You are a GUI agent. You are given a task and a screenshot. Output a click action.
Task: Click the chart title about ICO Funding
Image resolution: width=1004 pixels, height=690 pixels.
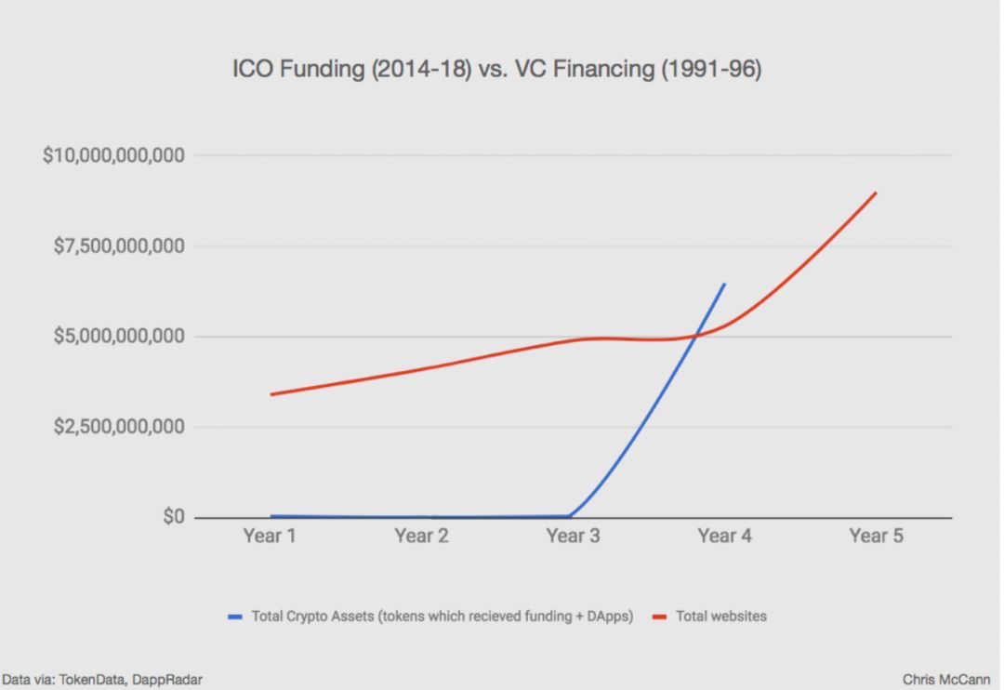tap(496, 70)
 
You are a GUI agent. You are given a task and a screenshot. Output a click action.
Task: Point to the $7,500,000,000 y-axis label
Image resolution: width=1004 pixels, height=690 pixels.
tap(119, 246)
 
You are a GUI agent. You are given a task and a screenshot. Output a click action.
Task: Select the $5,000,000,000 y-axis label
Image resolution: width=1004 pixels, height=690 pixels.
tap(119, 336)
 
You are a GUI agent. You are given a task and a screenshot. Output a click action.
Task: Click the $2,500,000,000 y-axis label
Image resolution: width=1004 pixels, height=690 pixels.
tap(119, 427)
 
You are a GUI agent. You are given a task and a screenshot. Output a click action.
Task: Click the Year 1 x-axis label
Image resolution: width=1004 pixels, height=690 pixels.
tap(271, 537)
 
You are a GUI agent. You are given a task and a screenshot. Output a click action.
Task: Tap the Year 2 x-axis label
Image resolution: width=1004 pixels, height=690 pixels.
tap(421, 537)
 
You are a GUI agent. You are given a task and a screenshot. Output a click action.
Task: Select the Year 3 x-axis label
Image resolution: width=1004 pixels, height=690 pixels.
tap(573, 537)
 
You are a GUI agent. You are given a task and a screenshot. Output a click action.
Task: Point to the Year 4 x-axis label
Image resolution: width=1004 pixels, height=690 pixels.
tap(725, 537)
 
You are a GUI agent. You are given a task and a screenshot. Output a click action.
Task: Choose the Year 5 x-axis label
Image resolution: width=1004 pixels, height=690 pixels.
tap(876, 537)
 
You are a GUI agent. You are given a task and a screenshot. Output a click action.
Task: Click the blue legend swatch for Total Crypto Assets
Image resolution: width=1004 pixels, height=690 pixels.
tap(235, 617)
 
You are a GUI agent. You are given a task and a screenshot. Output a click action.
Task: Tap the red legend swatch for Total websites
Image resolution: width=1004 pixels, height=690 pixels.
tap(659, 617)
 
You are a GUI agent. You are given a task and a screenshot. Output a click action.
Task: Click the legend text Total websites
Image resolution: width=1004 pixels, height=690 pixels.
tap(720, 617)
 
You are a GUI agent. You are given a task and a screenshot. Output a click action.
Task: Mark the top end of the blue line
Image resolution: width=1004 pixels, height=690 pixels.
tap(724, 284)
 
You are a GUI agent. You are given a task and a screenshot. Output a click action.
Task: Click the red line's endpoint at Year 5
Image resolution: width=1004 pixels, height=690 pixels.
tap(876, 192)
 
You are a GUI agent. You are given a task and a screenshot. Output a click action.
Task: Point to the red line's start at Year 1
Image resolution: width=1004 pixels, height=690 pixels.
tap(271, 394)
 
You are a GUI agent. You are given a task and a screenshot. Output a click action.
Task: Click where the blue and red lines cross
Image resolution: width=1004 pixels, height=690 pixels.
tap(695, 335)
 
